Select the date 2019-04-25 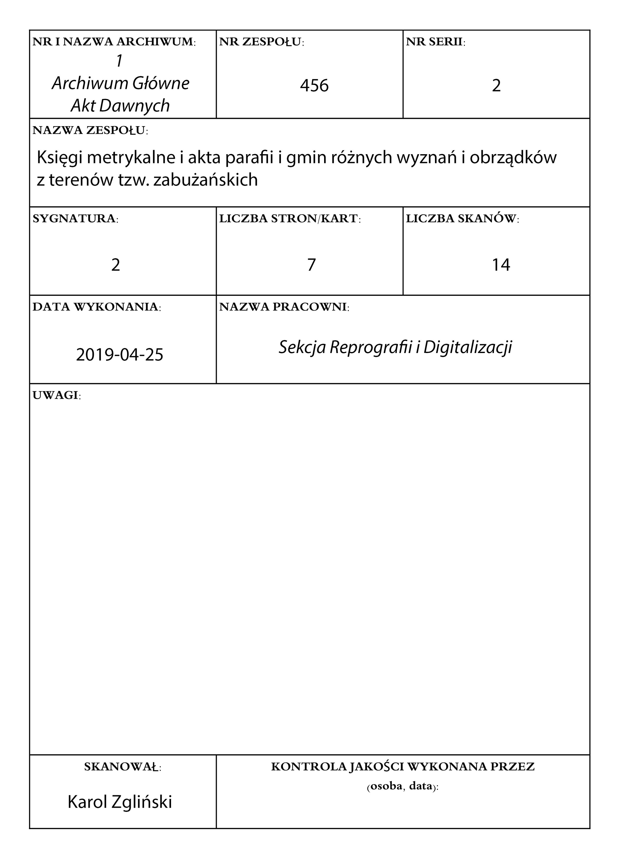pos(120,355)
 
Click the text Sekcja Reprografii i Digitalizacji pos(395,347)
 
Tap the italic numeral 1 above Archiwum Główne pos(120,61)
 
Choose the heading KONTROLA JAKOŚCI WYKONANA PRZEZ pos(403,767)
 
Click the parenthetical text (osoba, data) pos(403,786)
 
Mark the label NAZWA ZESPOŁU pos(90,130)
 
